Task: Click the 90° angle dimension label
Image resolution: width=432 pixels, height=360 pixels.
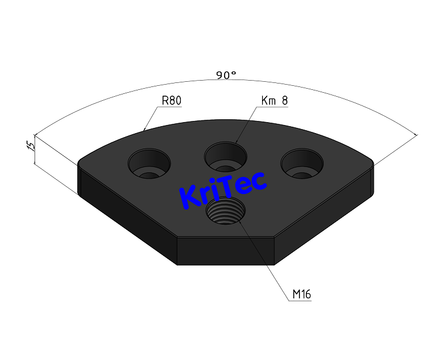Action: click(226, 75)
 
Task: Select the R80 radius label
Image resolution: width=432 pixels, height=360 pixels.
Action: click(171, 101)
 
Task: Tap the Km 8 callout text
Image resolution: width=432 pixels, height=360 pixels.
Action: click(274, 101)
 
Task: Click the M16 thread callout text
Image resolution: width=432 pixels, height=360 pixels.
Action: click(301, 294)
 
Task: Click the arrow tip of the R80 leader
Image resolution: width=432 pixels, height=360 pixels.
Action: click(143, 129)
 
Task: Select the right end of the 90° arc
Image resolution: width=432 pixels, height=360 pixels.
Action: click(416, 135)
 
